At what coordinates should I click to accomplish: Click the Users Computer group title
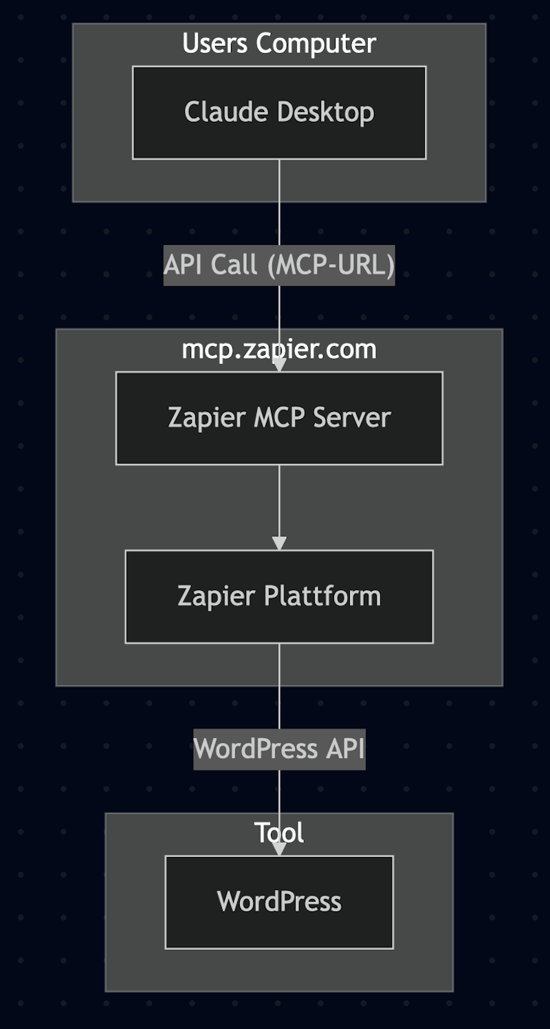pos(279,44)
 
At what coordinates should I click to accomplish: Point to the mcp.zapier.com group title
pos(279,349)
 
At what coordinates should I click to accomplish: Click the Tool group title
pos(279,832)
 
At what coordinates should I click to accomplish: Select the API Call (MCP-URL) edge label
pos(279,265)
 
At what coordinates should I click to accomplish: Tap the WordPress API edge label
pos(279,748)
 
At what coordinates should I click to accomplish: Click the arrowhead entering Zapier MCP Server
pos(279,365)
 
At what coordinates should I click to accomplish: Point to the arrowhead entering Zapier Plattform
pos(279,543)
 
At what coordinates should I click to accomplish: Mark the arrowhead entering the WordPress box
pos(279,849)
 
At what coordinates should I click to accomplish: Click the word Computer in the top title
pos(316,44)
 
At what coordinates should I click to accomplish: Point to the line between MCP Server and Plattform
pos(279,502)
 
